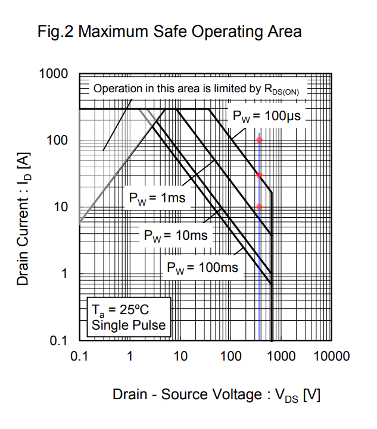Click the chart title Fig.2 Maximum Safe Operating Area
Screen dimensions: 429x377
pyautogui.click(x=169, y=31)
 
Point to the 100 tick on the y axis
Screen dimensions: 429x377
pyautogui.click(x=58, y=141)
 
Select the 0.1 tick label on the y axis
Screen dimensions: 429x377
pyautogui.click(x=58, y=341)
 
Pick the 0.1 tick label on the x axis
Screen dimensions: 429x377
pyautogui.click(x=79, y=356)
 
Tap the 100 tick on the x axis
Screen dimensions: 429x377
pyautogui.click(x=230, y=356)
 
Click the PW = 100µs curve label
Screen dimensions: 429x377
pyautogui.click(x=266, y=117)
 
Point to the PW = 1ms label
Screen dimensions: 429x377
pyautogui.click(x=157, y=198)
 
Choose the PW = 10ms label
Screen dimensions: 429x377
pyautogui.click(x=175, y=236)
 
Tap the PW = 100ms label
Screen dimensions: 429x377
pyautogui.click(x=202, y=268)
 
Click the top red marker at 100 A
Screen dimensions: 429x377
pyautogui.click(x=259, y=140)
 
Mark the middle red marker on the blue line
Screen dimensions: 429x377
pyautogui.click(x=259, y=176)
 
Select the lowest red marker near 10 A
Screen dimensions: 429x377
pyautogui.click(x=259, y=207)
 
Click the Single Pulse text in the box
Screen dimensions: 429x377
pyautogui.click(x=128, y=325)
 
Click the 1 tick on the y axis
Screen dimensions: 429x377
pyautogui.click(x=65, y=274)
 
